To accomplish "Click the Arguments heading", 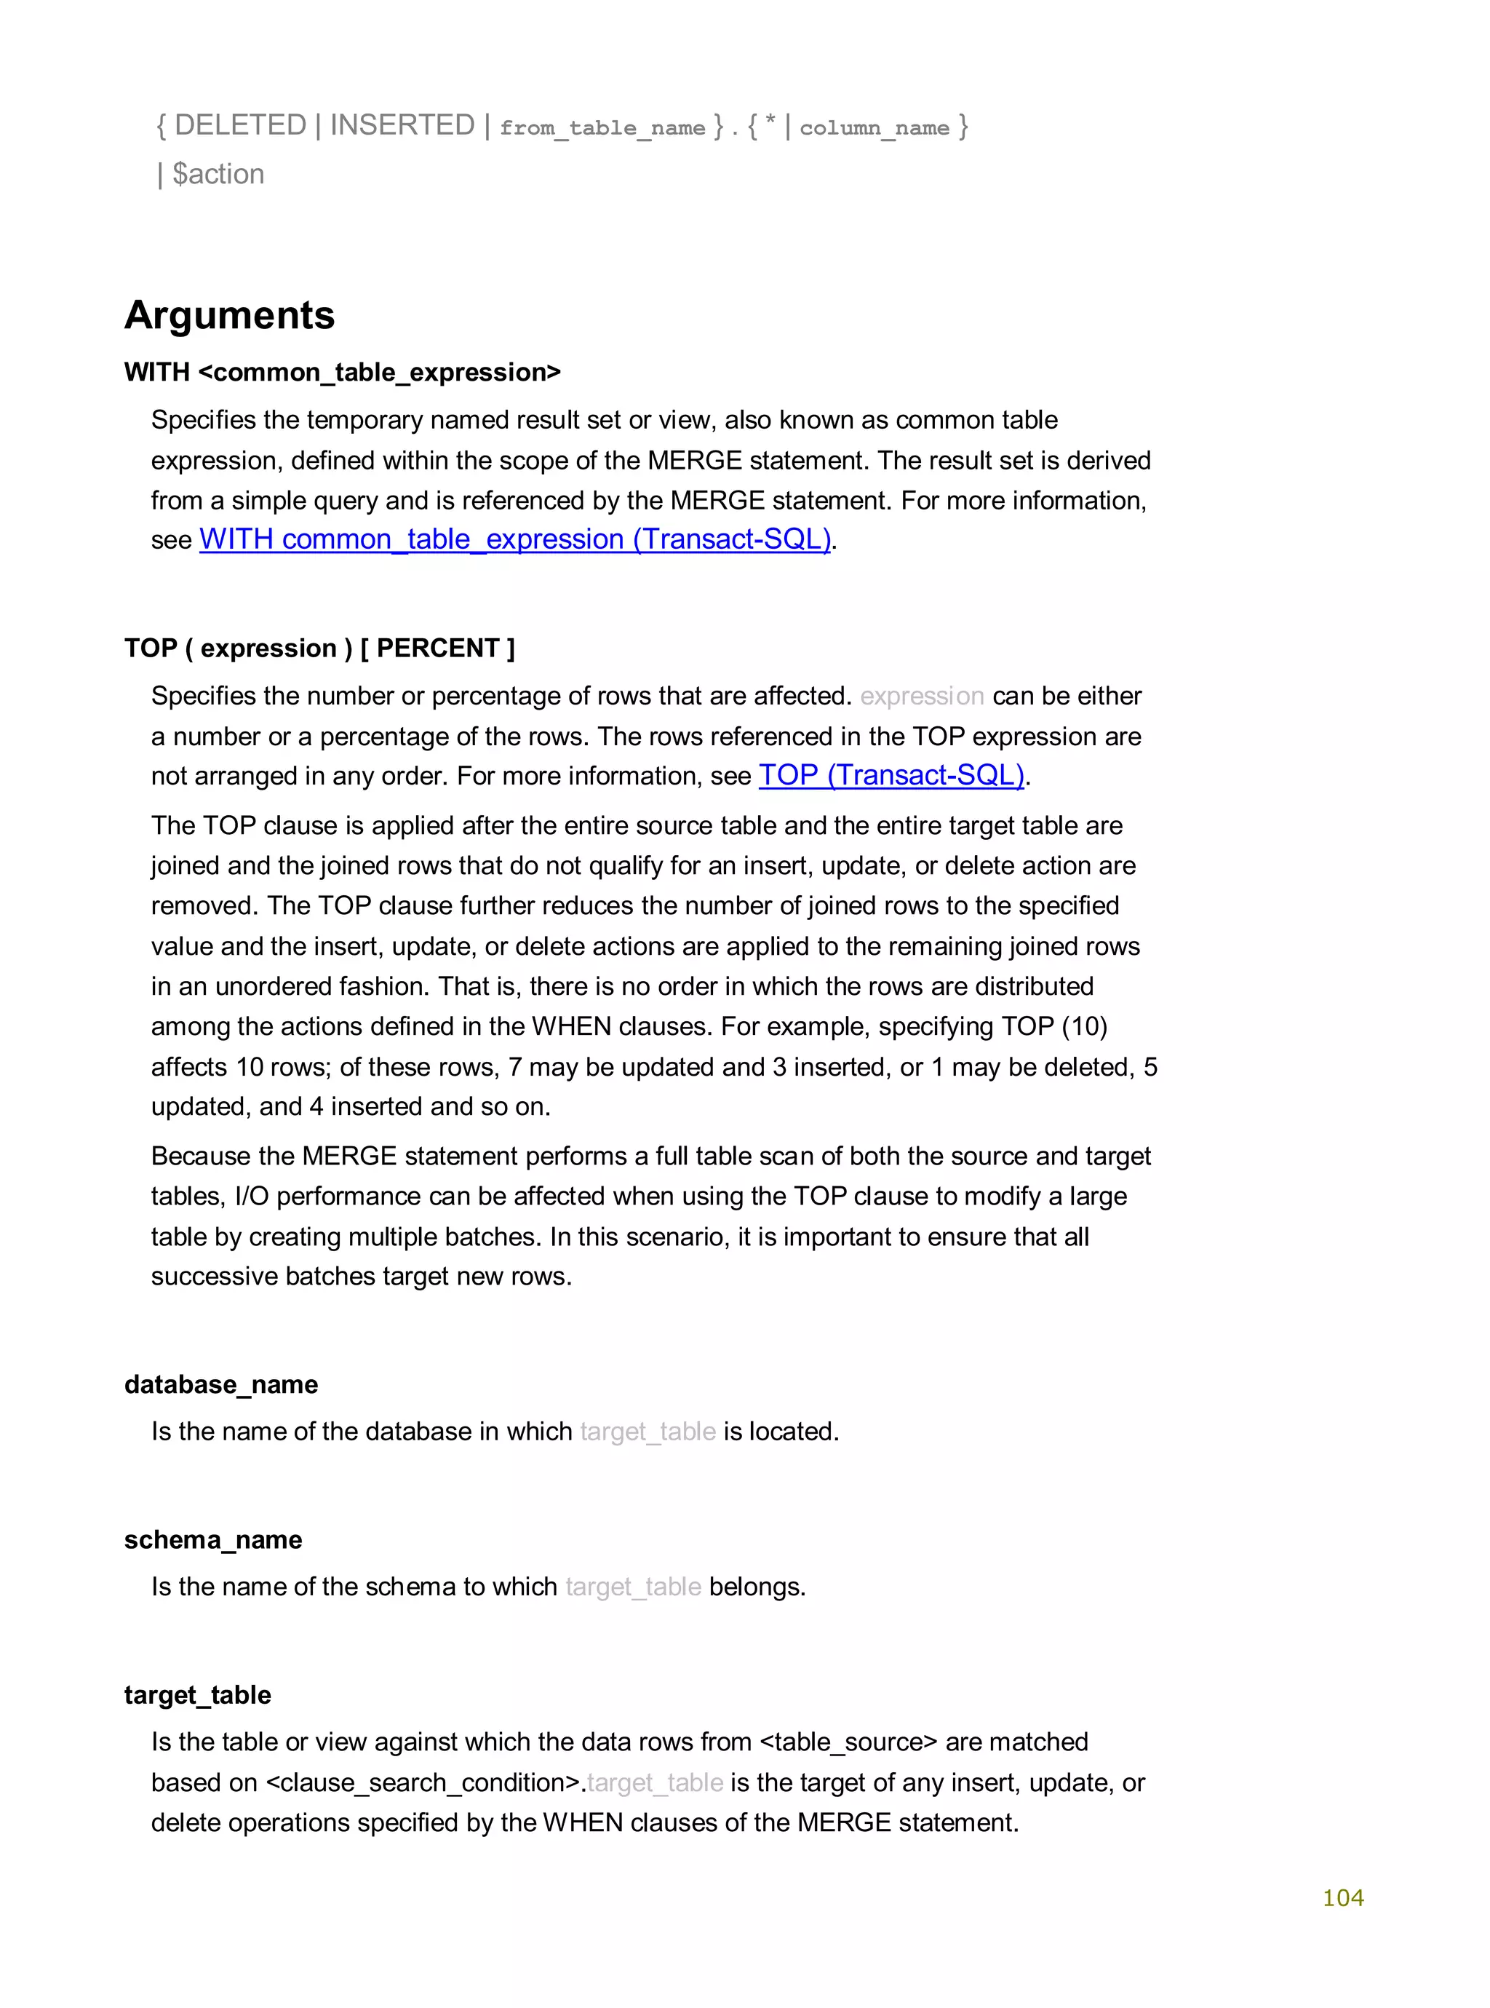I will point(229,316).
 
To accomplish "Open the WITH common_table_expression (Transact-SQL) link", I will point(515,539).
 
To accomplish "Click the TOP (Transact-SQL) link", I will point(891,776).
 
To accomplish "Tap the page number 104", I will point(1342,1897).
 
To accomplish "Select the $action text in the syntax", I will point(218,174).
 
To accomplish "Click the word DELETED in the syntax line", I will point(240,125).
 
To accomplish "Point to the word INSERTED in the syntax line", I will point(402,125).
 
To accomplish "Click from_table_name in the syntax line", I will point(602,128).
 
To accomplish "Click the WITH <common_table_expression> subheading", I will point(342,373).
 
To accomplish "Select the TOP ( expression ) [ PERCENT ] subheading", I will point(319,648).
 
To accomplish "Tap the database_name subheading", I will point(221,1385).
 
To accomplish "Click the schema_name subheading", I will point(213,1540).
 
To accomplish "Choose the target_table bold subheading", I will point(197,1695).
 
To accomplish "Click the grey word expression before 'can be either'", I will point(922,697).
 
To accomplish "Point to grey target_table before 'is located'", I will point(648,1432).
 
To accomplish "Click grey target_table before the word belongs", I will point(633,1587).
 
